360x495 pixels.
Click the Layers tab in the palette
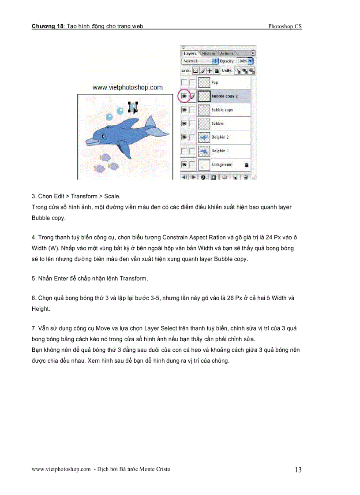pos(190,53)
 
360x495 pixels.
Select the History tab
pos(208,53)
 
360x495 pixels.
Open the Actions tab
pos(226,53)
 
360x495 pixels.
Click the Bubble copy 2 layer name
pos(225,96)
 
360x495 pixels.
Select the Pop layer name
pos(215,82)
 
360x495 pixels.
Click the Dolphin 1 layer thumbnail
pos(204,151)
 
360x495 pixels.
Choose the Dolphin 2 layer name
pos(220,137)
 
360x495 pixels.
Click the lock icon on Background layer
pos(246,164)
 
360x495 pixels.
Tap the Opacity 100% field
pos(242,61)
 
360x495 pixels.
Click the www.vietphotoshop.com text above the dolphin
pos(127,88)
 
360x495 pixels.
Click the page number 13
pos(298,469)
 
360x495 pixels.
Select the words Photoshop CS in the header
pos(285,26)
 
